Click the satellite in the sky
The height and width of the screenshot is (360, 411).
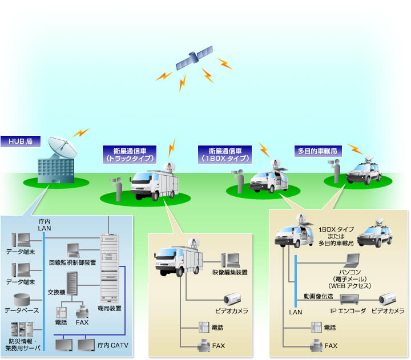(x=194, y=58)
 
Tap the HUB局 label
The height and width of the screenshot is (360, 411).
(x=19, y=141)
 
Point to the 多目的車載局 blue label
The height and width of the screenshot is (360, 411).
(x=317, y=152)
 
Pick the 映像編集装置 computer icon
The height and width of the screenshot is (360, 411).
(x=232, y=260)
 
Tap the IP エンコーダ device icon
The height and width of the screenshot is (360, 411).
(x=348, y=298)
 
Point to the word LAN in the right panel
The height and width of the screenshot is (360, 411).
(x=296, y=312)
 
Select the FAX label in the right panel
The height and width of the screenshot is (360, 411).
(x=331, y=346)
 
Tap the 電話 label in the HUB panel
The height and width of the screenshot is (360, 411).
(x=62, y=322)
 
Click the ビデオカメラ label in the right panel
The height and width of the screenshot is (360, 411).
(x=388, y=311)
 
